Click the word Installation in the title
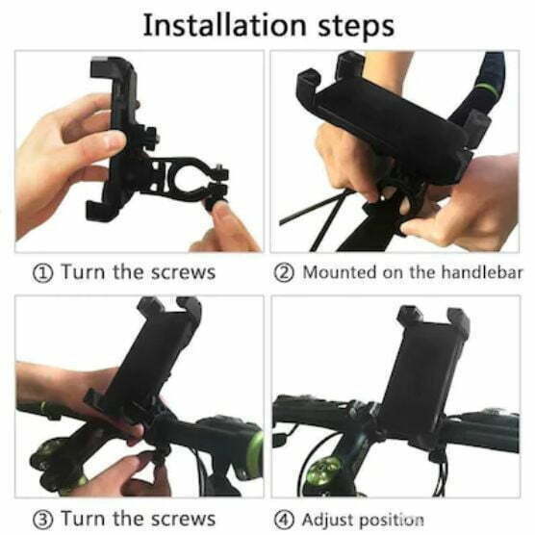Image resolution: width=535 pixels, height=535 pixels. pyautogui.click(x=224, y=25)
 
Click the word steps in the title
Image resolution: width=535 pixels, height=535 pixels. pyautogui.click(x=356, y=27)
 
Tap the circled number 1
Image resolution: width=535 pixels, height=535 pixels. pyautogui.click(x=42, y=273)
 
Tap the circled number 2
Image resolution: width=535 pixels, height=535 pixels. pyautogui.click(x=284, y=273)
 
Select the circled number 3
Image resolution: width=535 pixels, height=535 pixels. pyautogui.click(x=42, y=520)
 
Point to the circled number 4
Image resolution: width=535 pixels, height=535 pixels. pyautogui.click(x=284, y=520)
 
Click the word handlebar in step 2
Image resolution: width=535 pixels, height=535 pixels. pyautogui.click(x=482, y=272)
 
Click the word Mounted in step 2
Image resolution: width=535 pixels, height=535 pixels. pyautogui.click(x=341, y=272)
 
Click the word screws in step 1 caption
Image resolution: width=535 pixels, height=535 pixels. pyautogui.click(x=183, y=273)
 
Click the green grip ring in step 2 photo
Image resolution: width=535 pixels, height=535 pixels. pyautogui.click(x=487, y=89)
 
